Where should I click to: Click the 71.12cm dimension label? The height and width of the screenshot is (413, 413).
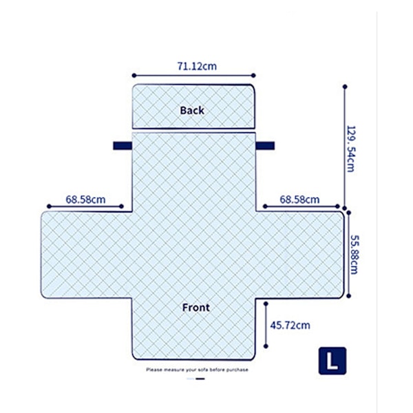pyautogui.click(x=197, y=66)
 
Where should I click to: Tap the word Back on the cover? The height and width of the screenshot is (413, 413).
pyautogui.click(x=192, y=110)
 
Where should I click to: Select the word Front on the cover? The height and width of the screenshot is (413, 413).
pyautogui.click(x=196, y=308)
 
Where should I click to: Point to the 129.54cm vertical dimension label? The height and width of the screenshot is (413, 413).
pyautogui.click(x=350, y=149)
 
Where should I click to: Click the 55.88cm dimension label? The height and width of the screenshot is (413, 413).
pyautogui.click(x=354, y=255)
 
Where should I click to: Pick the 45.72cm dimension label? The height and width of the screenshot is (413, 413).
pyautogui.click(x=290, y=326)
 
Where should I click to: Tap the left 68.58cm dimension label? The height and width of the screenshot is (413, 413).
pyautogui.click(x=85, y=200)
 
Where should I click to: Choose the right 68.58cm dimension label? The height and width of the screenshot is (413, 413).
pyautogui.click(x=299, y=200)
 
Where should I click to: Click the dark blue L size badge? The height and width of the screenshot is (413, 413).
pyautogui.click(x=332, y=361)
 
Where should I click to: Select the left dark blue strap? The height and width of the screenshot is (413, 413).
pyautogui.click(x=123, y=146)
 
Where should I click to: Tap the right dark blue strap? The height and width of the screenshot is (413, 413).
pyautogui.click(x=265, y=146)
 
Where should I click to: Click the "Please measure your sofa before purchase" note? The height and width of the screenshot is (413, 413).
pyautogui.click(x=197, y=370)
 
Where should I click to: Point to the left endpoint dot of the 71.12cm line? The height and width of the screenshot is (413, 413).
pyautogui.click(x=134, y=76)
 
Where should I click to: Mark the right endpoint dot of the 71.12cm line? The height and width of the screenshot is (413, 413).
pyautogui.click(x=253, y=76)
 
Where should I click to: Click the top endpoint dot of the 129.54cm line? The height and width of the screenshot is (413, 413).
pyautogui.click(x=345, y=87)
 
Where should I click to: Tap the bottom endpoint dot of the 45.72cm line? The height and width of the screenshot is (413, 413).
pyautogui.click(x=266, y=346)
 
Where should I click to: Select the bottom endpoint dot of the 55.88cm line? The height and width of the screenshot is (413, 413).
pyautogui.click(x=348, y=296)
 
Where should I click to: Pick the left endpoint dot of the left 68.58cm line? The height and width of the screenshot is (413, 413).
pyautogui.click(x=49, y=206)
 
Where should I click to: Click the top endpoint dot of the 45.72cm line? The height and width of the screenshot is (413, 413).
pyautogui.click(x=266, y=304)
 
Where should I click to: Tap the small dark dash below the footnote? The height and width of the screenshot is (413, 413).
pyautogui.click(x=200, y=379)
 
